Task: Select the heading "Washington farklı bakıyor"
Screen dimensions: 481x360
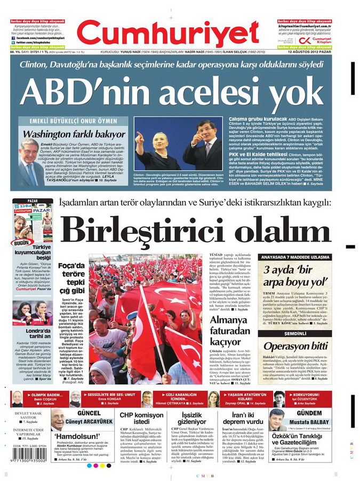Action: (75, 134)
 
